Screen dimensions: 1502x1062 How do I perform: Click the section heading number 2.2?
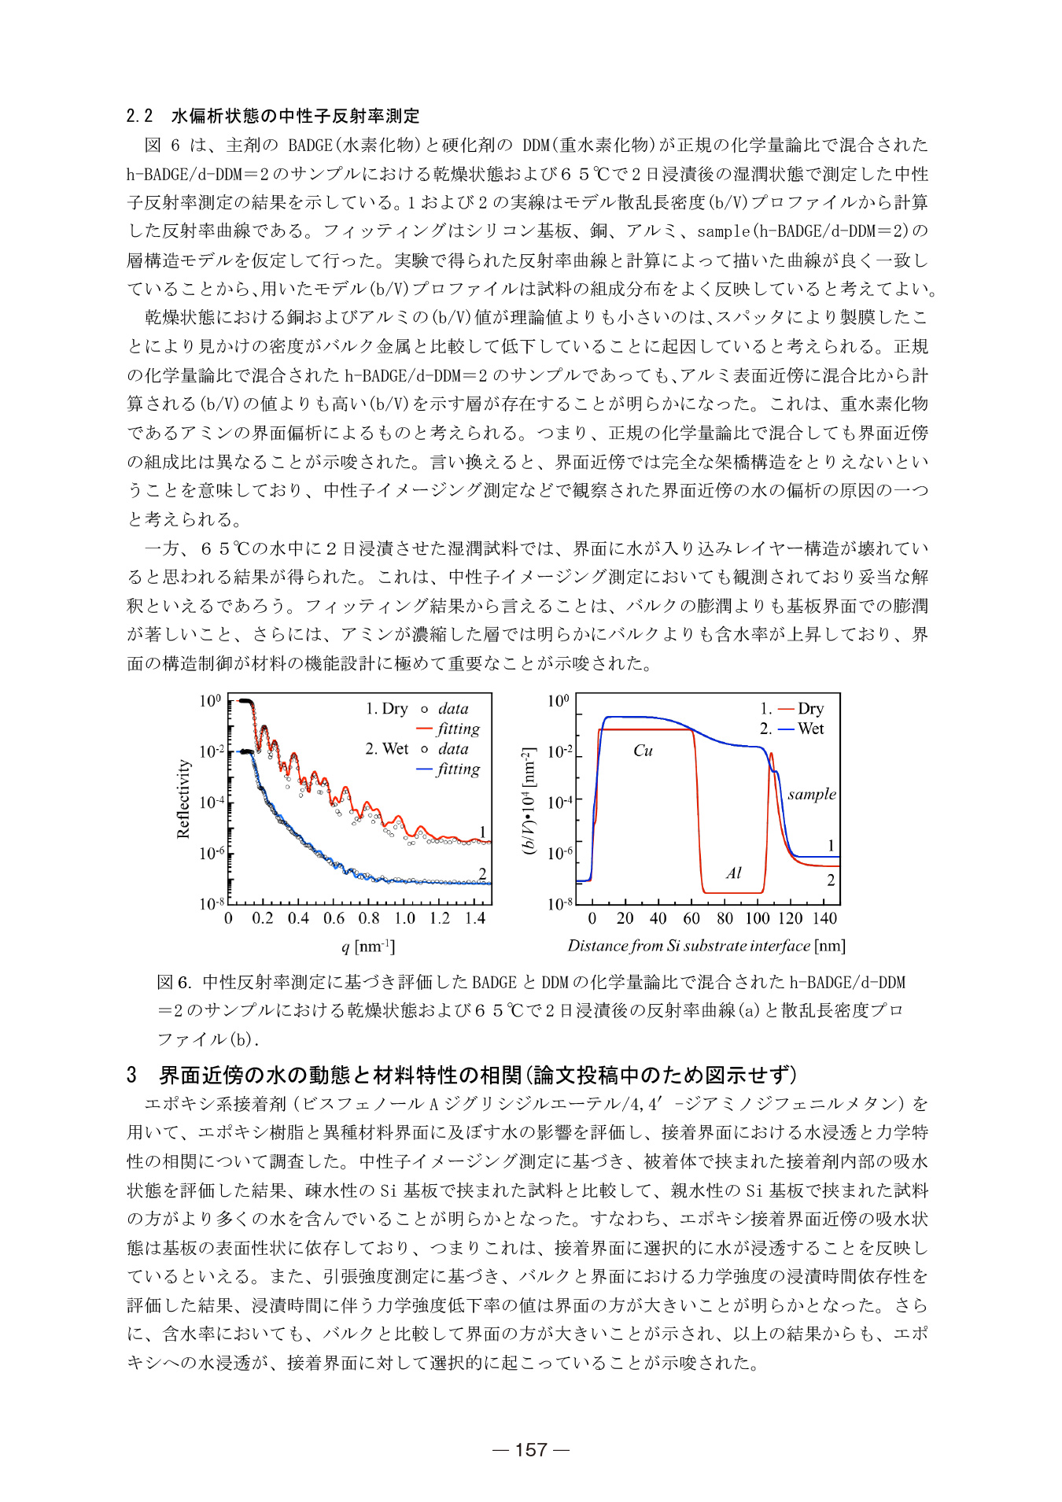tap(139, 116)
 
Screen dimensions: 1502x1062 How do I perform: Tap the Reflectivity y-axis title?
tap(183, 799)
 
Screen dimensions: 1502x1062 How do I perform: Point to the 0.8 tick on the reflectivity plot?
tap(369, 918)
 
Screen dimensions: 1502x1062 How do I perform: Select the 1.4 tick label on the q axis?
tap(474, 918)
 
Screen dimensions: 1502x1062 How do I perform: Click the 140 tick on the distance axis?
tap(824, 918)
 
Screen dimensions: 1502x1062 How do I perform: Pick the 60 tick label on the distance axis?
tap(691, 918)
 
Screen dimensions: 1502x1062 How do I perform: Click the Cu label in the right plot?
tap(643, 751)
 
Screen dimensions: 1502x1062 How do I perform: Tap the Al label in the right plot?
tap(733, 873)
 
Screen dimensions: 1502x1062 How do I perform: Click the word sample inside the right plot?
tap(811, 794)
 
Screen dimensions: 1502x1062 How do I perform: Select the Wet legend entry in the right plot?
tap(810, 729)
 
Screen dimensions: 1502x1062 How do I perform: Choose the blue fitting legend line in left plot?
tap(424, 769)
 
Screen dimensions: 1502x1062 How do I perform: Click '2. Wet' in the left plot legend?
tap(386, 749)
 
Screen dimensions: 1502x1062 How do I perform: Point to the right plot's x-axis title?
tap(706, 946)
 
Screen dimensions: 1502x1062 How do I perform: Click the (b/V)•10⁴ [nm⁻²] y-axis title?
tap(529, 800)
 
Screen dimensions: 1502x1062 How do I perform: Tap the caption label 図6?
tap(175, 982)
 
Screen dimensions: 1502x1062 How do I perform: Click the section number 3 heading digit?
tap(131, 1075)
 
